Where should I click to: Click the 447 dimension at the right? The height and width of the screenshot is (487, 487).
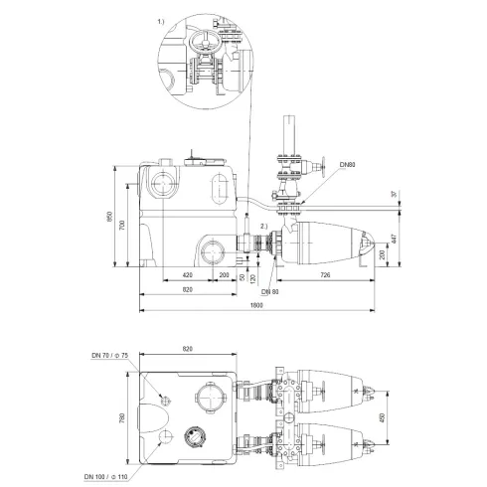click(396, 240)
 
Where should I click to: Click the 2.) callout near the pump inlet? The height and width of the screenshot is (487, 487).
click(262, 228)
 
